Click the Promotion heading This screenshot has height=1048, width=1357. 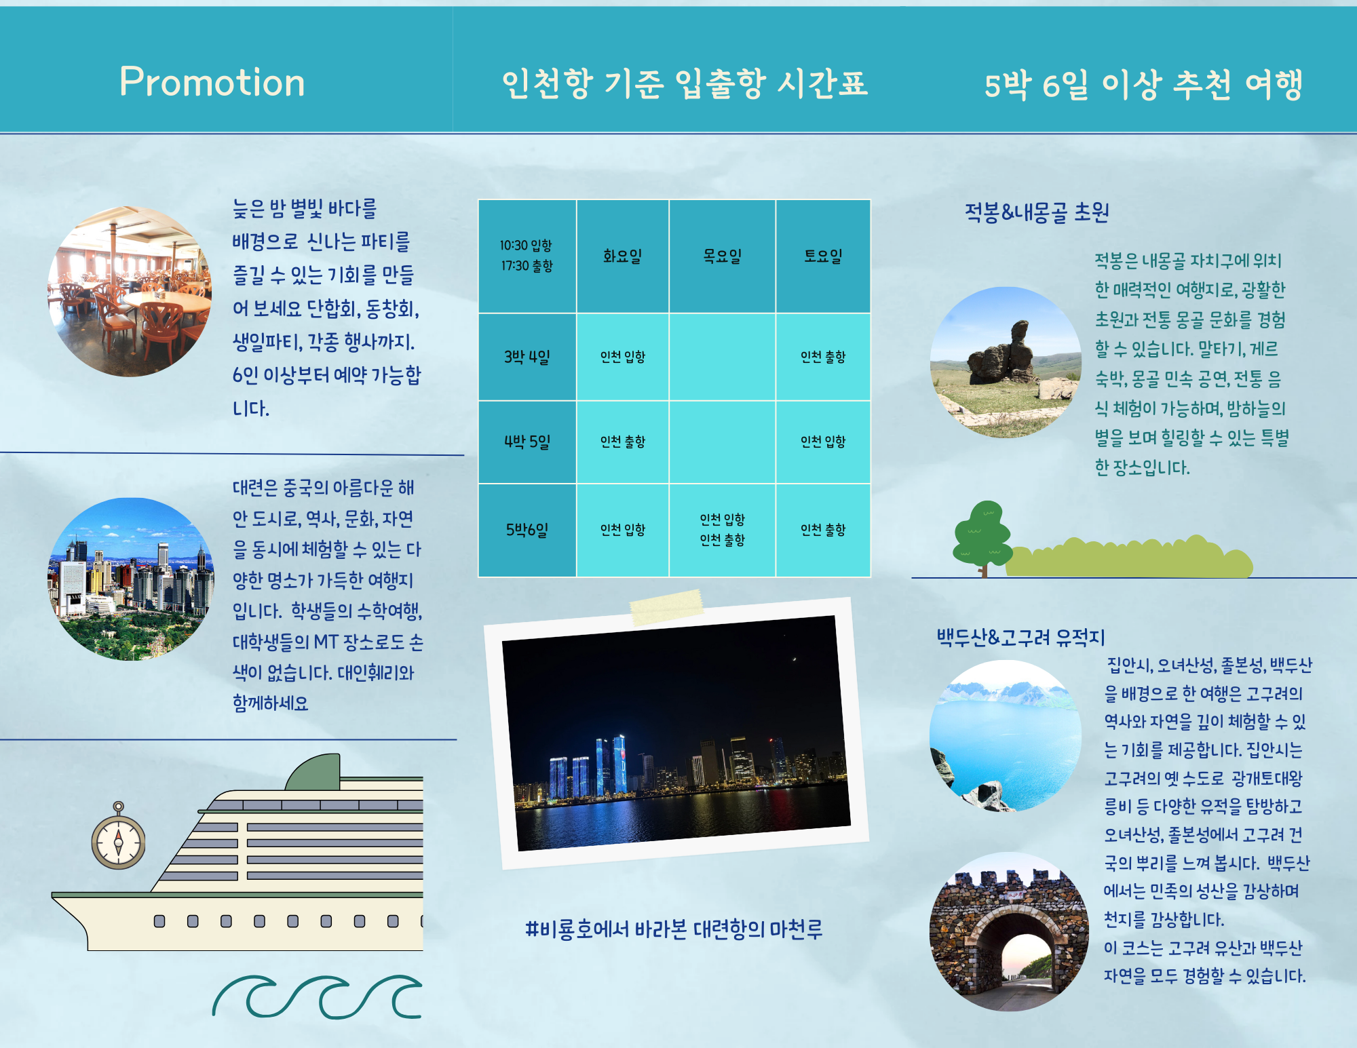(x=212, y=83)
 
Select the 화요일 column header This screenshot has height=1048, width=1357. (x=622, y=256)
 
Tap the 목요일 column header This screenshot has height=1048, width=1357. (x=722, y=256)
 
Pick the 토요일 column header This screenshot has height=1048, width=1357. (x=823, y=256)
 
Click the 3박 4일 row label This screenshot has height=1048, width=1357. (x=527, y=357)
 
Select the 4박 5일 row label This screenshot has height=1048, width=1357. (x=527, y=442)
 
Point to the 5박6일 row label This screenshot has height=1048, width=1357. (x=527, y=530)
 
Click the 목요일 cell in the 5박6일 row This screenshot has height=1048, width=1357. (x=722, y=530)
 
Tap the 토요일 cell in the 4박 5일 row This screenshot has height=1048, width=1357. (x=823, y=442)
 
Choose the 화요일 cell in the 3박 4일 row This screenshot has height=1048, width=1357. (x=622, y=357)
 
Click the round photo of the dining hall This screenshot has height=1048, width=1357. (x=130, y=291)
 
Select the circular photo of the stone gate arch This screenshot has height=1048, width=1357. (x=1008, y=931)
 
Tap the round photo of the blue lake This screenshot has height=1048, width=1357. (x=1006, y=736)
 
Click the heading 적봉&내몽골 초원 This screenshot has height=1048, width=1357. (x=1037, y=213)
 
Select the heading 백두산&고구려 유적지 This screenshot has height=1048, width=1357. (x=1021, y=638)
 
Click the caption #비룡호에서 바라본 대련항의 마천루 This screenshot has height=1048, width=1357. (x=674, y=929)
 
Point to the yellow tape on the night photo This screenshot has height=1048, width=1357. (x=666, y=607)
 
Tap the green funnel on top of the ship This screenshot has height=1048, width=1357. (x=313, y=773)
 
